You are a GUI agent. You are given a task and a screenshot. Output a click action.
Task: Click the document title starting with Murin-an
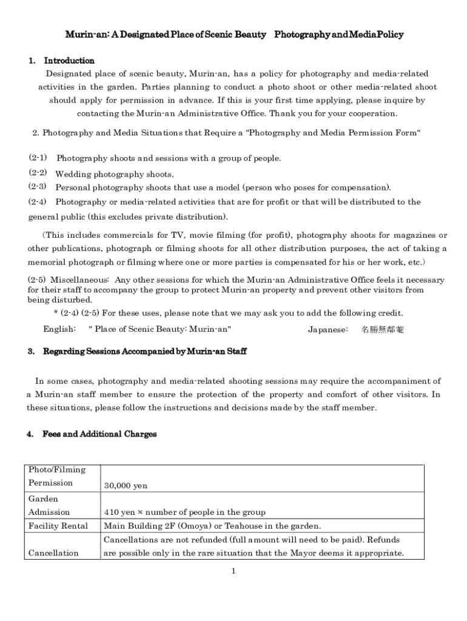pyautogui.click(x=234, y=35)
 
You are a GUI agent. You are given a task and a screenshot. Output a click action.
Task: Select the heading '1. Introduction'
pyautogui.click(x=61, y=61)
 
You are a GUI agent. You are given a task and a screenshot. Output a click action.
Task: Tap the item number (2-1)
pyautogui.click(x=38, y=158)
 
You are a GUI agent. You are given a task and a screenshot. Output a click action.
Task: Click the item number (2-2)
pyautogui.click(x=38, y=173)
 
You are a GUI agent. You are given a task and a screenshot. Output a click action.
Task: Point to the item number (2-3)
pyautogui.click(x=38, y=187)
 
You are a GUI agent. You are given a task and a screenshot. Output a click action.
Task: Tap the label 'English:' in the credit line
pyautogui.click(x=59, y=329)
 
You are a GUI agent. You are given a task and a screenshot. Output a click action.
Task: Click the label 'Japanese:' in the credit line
pyautogui.click(x=328, y=329)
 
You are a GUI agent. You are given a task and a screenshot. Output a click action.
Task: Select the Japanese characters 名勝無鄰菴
pyautogui.click(x=382, y=329)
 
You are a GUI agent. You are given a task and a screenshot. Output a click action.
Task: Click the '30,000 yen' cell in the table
pyautogui.click(x=126, y=486)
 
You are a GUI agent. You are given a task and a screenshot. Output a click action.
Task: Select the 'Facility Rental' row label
pyautogui.click(x=58, y=526)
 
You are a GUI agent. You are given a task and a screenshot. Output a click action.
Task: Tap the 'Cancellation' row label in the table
pyautogui.click(x=53, y=552)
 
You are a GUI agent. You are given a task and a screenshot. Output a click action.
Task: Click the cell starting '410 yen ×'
pyautogui.click(x=184, y=512)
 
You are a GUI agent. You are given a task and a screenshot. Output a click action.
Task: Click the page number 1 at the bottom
pyautogui.click(x=233, y=571)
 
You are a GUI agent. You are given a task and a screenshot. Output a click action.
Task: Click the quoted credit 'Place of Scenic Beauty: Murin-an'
pyautogui.click(x=160, y=329)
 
